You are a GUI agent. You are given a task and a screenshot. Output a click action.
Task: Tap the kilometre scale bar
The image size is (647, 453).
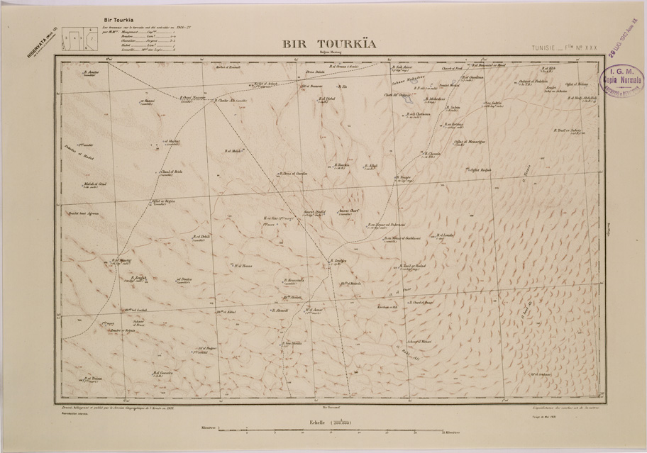click(x=331, y=430)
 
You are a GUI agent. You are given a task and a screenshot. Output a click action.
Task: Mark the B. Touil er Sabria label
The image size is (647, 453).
click(x=570, y=130)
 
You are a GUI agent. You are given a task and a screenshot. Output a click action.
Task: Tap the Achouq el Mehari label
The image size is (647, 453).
click(x=419, y=342)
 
